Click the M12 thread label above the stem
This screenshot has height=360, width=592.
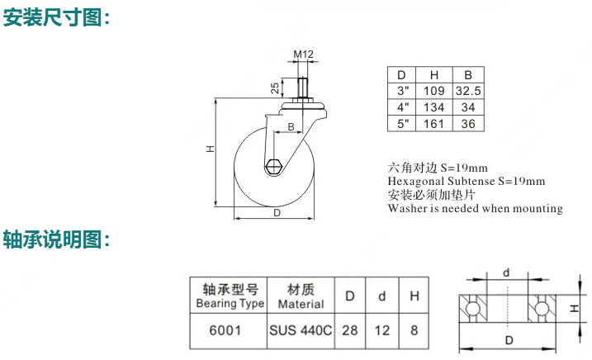pyautogui.click(x=303, y=54)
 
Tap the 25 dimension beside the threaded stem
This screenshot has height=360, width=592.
pyautogui.click(x=275, y=88)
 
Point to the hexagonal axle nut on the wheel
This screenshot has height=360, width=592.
pyautogui.click(x=273, y=165)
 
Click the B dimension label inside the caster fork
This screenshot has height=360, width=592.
pyautogui.click(x=291, y=126)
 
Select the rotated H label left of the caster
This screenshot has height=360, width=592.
pyautogui.click(x=210, y=149)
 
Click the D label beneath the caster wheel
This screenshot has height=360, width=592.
pyautogui.click(x=277, y=213)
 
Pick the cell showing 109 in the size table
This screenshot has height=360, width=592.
pyautogui.click(x=433, y=91)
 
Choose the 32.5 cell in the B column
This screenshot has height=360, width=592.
pyautogui.click(x=468, y=91)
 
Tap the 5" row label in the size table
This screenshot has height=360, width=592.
pyautogui.click(x=403, y=124)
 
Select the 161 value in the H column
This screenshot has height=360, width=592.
pyautogui.click(x=433, y=124)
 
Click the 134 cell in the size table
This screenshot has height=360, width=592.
pyautogui.click(x=433, y=107)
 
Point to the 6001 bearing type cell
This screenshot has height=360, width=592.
pyautogui.click(x=225, y=330)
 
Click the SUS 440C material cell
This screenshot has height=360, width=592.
pyautogui.click(x=301, y=330)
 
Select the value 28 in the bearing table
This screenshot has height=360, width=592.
pyautogui.click(x=350, y=330)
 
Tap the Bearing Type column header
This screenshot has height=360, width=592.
pyautogui.click(x=230, y=296)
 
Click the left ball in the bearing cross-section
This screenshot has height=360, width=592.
pyautogui.click(x=473, y=309)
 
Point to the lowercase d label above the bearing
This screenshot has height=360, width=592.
pyautogui.click(x=506, y=272)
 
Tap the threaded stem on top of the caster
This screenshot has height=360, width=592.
pyautogui.click(x=302, y=88)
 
